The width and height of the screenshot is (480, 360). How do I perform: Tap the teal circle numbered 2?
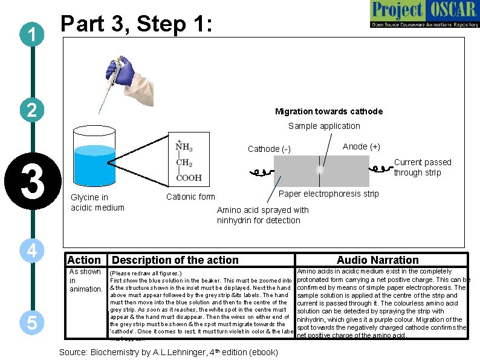coord(31,111)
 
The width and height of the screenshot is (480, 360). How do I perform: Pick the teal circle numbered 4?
coord(31,249)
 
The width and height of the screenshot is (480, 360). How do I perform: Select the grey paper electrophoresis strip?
coord(321,171)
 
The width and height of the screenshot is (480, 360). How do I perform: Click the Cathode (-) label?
coord(269,149)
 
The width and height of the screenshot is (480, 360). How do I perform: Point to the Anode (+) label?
coord(361,146)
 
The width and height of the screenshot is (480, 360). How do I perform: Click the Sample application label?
coord(324,126)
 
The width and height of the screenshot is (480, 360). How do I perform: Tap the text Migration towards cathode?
coord(328,111)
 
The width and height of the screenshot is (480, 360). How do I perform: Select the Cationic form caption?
coord(190,197)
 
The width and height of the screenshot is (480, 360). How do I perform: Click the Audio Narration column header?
coord(377,260)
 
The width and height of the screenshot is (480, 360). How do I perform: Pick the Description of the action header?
coord(175,260)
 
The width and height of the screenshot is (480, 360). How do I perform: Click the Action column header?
coord(84,260)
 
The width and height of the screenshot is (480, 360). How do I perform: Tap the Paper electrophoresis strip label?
coord(329,194)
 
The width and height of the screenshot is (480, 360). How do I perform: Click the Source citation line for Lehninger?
coord(168,352)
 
